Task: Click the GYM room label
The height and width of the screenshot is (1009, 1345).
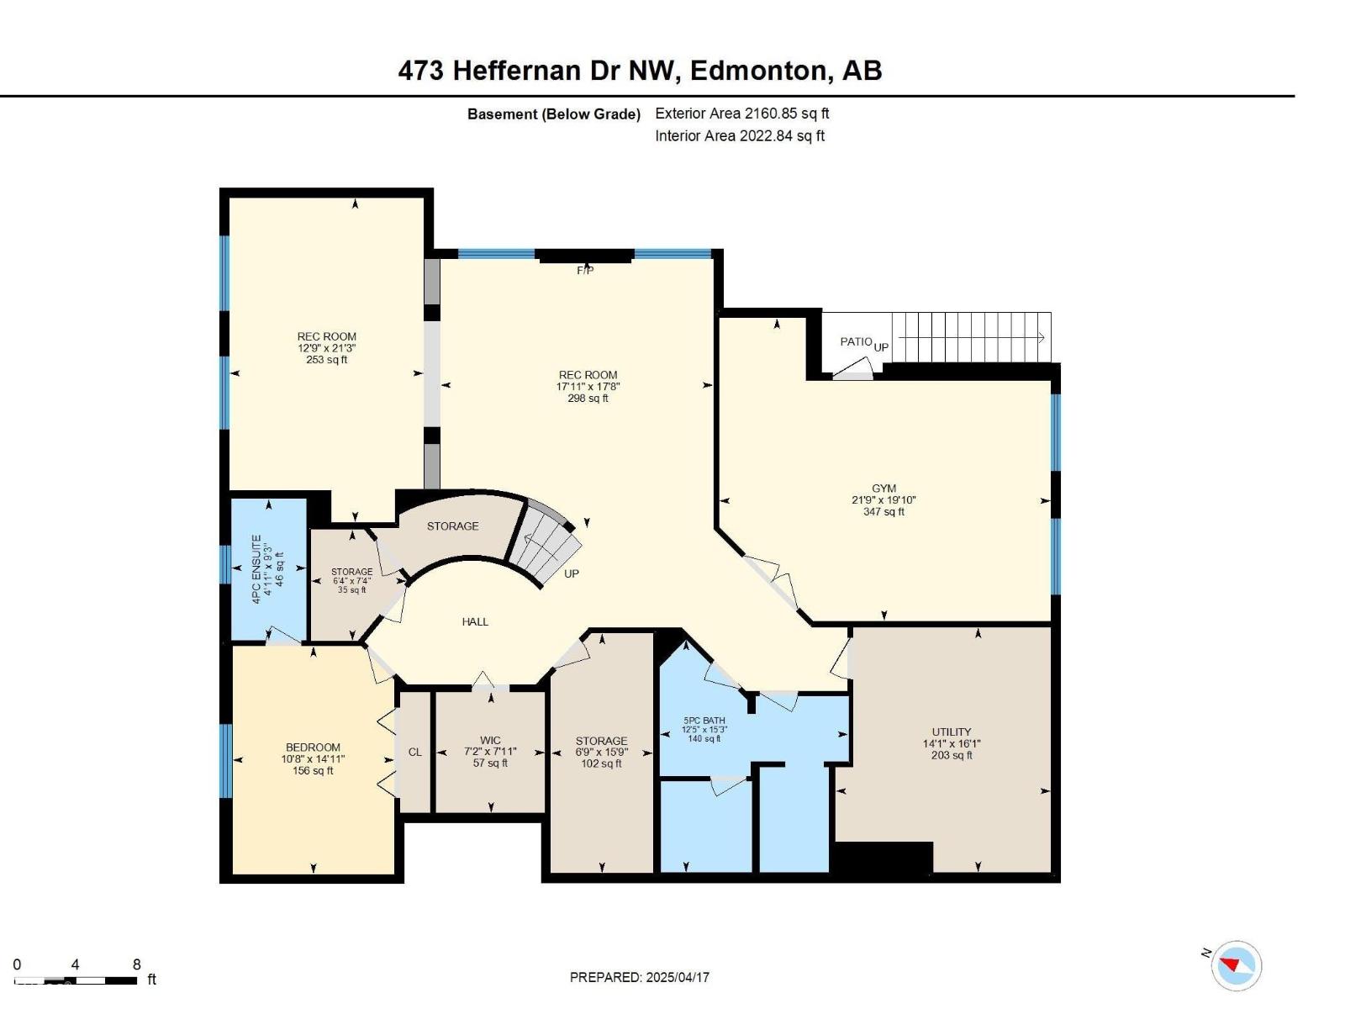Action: pyautogui.click(x=883, y=488)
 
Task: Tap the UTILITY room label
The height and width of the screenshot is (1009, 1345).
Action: pyautogui.click(x=951, y=732)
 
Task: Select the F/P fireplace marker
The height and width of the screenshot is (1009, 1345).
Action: pyautogui.click(x=585, y=271)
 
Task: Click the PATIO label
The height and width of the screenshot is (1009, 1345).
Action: pyautogui.click(x=856, y=341)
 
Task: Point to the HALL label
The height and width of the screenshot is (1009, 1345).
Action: pyautogui.click(x=475, y=621)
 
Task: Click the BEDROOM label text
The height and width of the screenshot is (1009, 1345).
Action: pyautogui.click(x=313, y=747)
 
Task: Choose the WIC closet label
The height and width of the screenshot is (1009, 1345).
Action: pyautogui.click(x=490, y=741)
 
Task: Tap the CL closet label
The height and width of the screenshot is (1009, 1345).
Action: pyautogui.click(x=415, y=752)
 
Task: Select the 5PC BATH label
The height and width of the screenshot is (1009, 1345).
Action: pyautogui.click(x=704, y=721)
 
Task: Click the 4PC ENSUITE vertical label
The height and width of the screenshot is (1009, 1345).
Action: pyautogui.click(x=257, y=568)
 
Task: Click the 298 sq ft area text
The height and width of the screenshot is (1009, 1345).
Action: pyautogui.click(x=588, y=399)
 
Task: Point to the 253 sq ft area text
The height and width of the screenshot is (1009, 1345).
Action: pyautogui.click(x=326, y=360)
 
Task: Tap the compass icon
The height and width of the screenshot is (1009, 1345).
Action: pyautogui.click(x=1237, y=965)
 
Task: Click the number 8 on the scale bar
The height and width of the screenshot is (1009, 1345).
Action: pyautogui.click(x=137, y=964)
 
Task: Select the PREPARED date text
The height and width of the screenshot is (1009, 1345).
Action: pyautogui.click(x=640, y=977)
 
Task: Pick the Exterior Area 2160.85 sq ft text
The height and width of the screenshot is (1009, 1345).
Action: pyautogui.click(x=741, y=114)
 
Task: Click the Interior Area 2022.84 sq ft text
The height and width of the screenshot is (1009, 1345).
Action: pyautogui.click(x=740, y=135)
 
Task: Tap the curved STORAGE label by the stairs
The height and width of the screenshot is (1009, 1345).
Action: pyautogui.click(x=452, y=526)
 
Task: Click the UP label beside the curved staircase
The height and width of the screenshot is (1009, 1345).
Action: pyautogui.click(x=572, y=573)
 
